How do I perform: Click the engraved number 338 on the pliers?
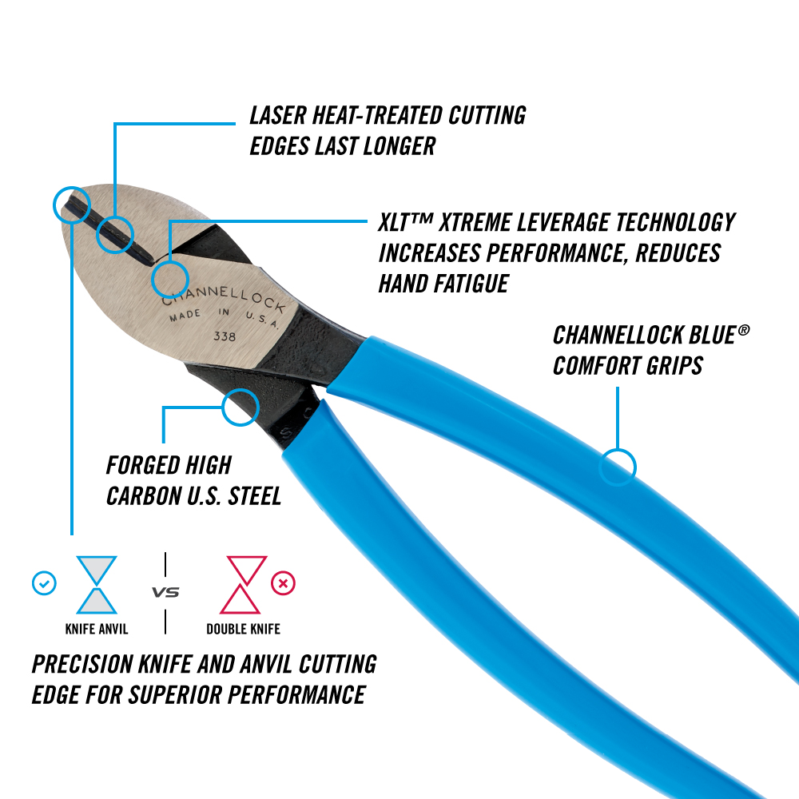(225, 337)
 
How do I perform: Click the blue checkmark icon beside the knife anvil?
(44, 584)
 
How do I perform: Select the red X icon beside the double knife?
(283, 584)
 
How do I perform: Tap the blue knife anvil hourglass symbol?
(97, 585)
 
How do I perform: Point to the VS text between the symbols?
(165, 593)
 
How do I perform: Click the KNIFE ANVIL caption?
(97, 630)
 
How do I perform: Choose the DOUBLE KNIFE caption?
(244, 630)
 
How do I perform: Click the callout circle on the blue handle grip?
(618, 466)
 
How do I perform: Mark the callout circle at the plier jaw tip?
(71, 204)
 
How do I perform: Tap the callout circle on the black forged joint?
(240, 407)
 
